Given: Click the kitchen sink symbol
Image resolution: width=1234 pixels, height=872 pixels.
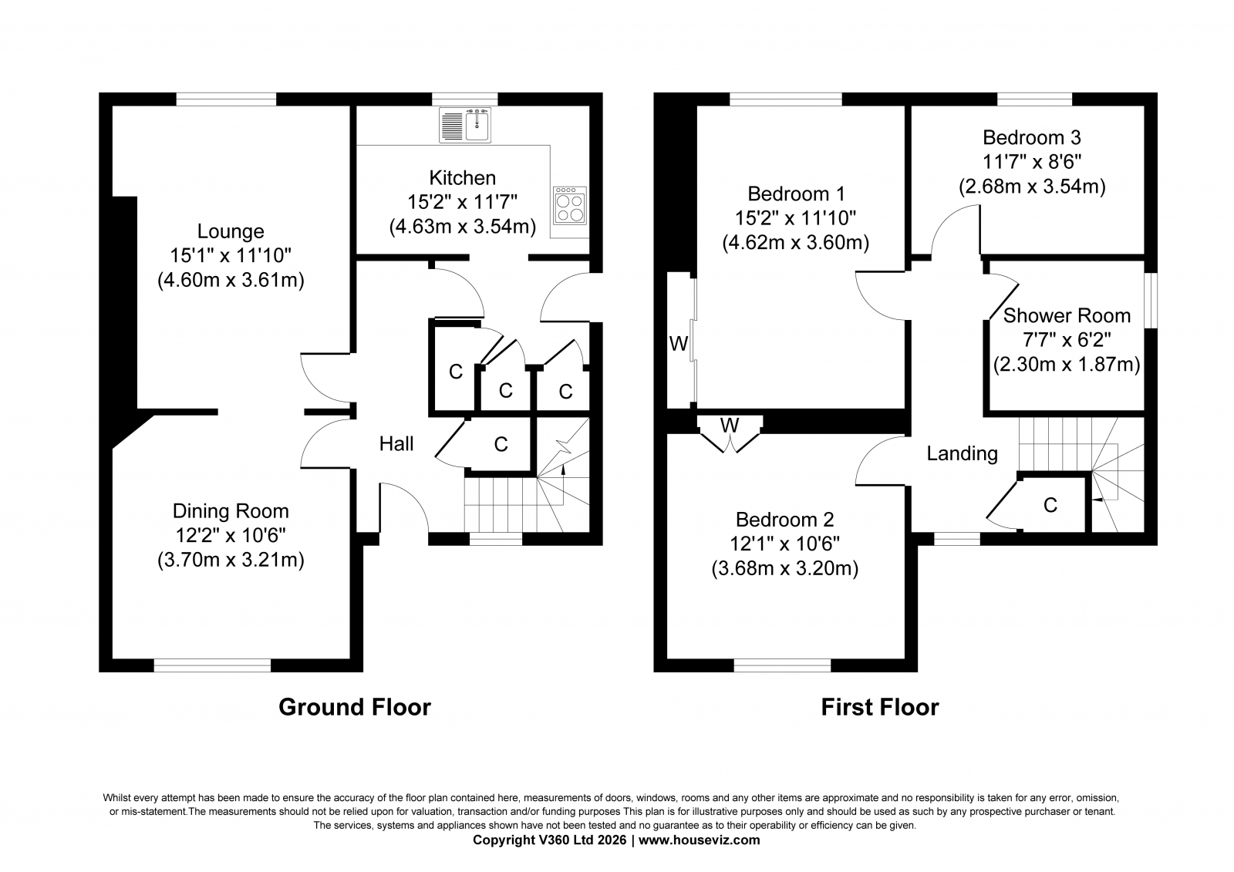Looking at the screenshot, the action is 465,126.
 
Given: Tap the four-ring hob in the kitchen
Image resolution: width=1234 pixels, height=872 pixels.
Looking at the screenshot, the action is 570,206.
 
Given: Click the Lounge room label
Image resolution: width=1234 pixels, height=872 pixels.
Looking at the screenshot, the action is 231,231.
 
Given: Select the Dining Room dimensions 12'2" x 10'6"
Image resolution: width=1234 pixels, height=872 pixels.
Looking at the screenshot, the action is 231,535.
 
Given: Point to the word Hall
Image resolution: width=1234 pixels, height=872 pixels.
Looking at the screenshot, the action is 396,443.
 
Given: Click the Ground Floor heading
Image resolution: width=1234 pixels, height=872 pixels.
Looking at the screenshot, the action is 355,707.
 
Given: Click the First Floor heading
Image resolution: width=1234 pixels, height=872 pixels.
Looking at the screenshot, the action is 880,707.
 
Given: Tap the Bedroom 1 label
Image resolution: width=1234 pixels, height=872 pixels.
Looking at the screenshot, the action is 796,194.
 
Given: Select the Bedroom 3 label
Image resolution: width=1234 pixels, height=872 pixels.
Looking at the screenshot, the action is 1032,137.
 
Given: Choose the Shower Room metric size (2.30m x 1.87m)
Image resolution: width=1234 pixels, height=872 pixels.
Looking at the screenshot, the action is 1067,365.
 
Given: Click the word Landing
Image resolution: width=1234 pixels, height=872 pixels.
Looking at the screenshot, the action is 962,454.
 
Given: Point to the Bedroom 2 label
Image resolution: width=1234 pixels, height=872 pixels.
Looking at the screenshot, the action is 784,520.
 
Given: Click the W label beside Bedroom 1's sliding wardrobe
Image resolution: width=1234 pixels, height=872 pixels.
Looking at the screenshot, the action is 679,344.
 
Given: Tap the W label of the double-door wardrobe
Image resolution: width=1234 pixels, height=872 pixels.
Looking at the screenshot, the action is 730,426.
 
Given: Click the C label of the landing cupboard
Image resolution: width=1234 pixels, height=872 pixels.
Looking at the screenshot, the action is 1050,505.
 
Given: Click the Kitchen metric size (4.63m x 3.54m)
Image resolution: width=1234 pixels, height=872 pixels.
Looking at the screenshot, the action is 463,227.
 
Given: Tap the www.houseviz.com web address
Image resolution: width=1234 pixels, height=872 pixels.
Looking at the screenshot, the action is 699,840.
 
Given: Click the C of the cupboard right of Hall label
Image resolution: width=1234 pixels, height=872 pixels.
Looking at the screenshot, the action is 501,444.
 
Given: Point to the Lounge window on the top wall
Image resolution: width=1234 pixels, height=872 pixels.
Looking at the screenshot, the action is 226,99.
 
